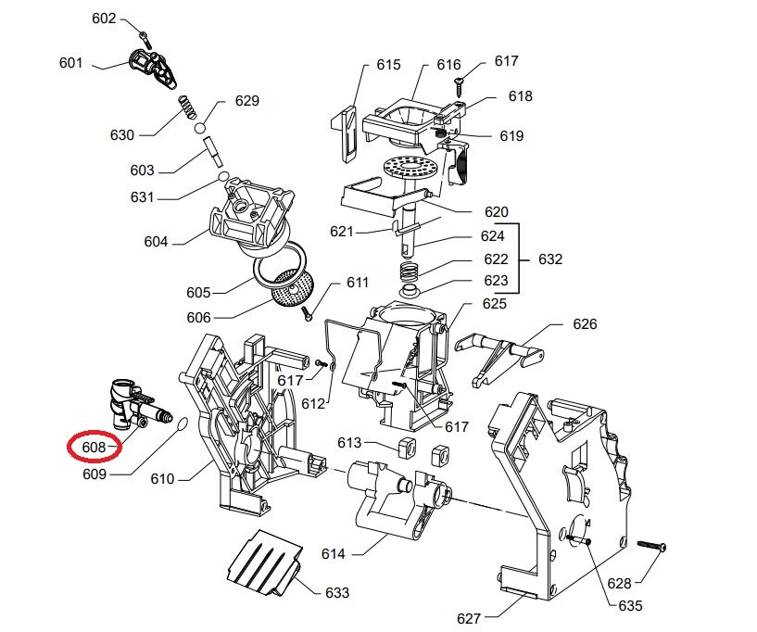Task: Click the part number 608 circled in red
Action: tap(94, 447)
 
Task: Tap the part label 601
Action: tap(70, 63)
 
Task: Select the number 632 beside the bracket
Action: tap(549, 259)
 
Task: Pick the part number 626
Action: tap(585, 323)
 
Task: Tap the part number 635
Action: tap(629, 607)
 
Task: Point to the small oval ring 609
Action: tap(181, 423)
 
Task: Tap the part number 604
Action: tap(156, 242)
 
